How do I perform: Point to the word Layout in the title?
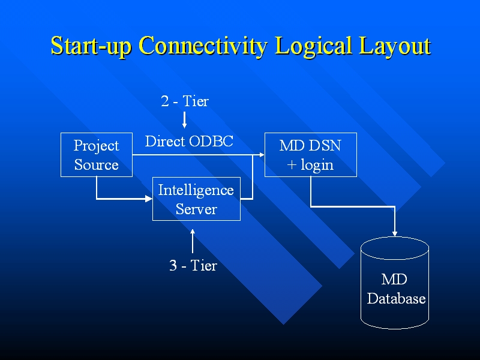pyautogui.click(x=392, y=46)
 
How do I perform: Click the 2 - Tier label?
pyautogui.click(x=185, y=101)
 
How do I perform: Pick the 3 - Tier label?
pyautogui.click(x=193, y=265)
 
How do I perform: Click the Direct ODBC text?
pyautogui.click(x=189, y=142)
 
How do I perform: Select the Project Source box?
pyautogui.click(x=97, y=155)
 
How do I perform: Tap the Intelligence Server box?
pyautogui.click(x=196, y=199)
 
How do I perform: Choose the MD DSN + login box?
pyautogui.click(x=310, y=155)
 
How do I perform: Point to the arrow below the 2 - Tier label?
pyautogui.click(x=185, y=119)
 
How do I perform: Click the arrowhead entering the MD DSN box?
pyautogui.click(x=262, y=155)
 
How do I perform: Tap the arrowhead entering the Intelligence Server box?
pyautogui.click(x=149, y=199)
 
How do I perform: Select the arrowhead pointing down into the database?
pyautogui.click(x=395, y=233)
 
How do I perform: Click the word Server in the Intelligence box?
pyautogui.click(x=196, y=209)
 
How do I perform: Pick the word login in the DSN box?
pyautogui.click(x=317, y=165)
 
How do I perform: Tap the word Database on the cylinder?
pyautogui.click(x=396, y=299)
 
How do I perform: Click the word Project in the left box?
pyautogui.click(x=96, y=146)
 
